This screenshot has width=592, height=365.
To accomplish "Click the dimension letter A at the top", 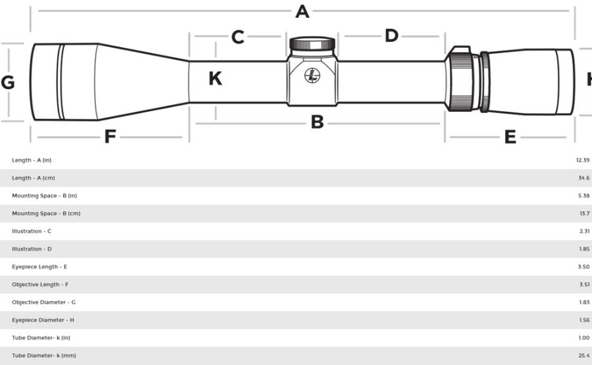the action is (302, 11).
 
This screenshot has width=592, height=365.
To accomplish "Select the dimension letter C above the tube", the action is (238, 37).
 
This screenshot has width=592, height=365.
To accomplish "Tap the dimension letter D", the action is (391, 36).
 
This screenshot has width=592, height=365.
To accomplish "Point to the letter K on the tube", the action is (215, 78).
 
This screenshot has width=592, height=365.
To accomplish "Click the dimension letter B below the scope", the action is (317, 122).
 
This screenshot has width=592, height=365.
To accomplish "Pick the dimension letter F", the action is (110, 136).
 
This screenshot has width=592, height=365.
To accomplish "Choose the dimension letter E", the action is (510, 137).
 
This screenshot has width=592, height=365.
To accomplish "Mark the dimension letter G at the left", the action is (7, 82).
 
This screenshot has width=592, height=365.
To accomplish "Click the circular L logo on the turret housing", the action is (312, 76).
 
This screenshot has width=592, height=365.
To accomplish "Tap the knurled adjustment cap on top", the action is (312, 44).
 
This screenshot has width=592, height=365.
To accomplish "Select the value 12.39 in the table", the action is (583, 160).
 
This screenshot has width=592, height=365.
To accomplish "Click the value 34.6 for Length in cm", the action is (583, 178).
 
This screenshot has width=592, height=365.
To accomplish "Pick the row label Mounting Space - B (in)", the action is (44, 195).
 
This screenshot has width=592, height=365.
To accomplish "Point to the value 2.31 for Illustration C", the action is (584, 231).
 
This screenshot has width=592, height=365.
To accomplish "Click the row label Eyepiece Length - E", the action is (39, 266).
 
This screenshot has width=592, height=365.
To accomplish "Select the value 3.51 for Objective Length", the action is (584, 284).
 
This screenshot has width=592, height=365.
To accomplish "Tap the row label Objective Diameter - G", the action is (43, 302).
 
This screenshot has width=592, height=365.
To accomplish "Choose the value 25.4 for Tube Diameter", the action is (583, 355).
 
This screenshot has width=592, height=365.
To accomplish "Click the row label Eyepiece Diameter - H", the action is (43, 320).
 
